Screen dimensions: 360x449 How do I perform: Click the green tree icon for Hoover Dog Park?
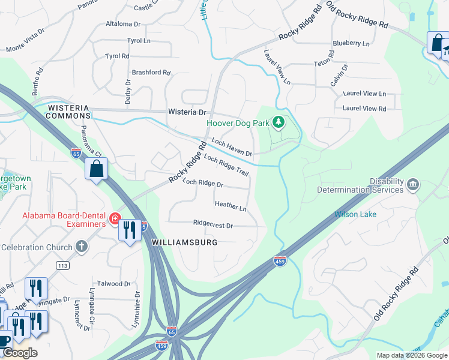click(x=278, y=122)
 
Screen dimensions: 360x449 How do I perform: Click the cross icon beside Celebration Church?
click(x=81, y=247)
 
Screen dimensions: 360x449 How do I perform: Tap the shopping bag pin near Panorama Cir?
click(x=96, y=170)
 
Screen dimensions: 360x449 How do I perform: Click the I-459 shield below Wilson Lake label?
click(x=280, y=260)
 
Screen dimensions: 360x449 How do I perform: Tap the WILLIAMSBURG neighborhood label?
click(x=184, y=242)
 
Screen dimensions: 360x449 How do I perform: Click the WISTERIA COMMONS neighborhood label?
click(x=69, y=112)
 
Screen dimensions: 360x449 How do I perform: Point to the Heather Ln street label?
click(x=231, y=206)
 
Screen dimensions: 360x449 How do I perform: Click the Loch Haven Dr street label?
click(x=231, y=148)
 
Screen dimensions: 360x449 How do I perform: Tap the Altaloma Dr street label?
click(x=122, y=25)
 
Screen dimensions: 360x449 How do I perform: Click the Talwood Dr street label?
click(x=113, y=284)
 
